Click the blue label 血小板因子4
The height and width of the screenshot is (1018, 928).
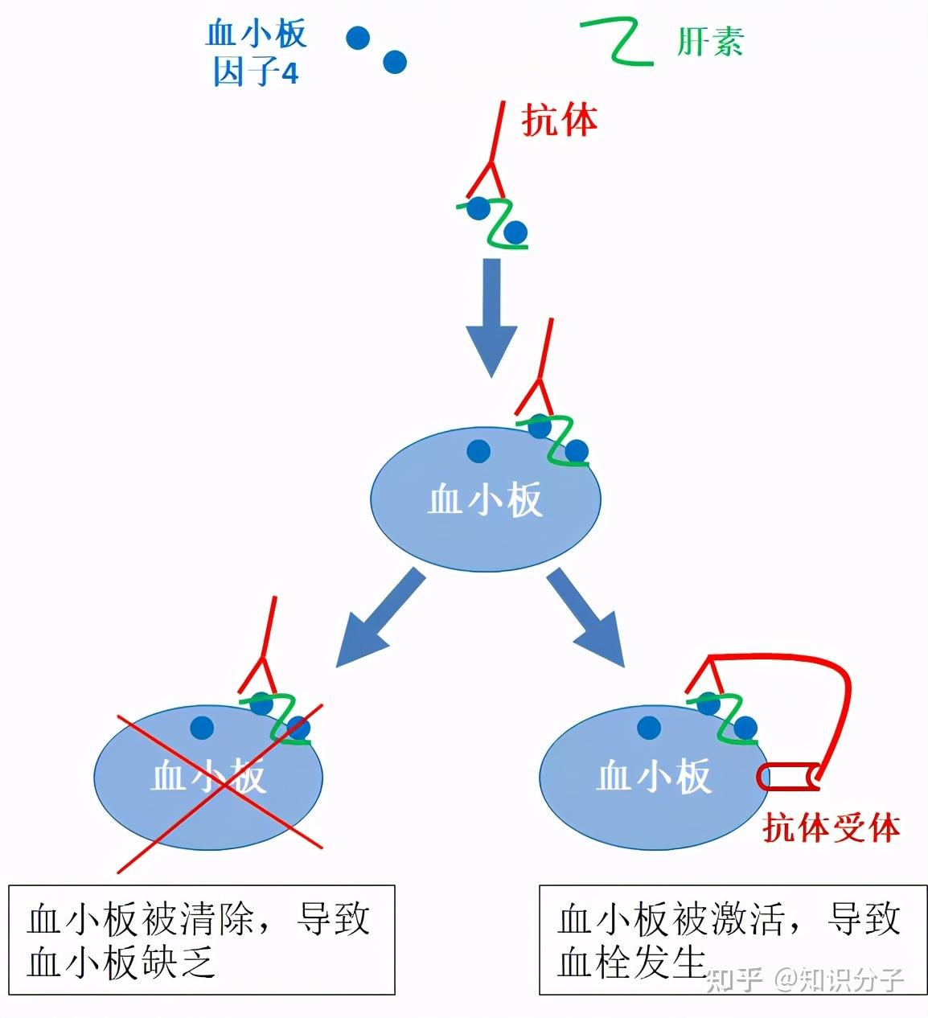coord(256,54)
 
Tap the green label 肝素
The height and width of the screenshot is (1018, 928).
coord(709,42)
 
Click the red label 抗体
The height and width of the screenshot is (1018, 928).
coord(560,121)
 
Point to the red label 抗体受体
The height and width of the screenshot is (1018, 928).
coord(831,827)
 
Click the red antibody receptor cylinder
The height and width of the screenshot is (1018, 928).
coord(789,776)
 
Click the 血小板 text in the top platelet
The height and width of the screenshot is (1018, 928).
coord(485,500)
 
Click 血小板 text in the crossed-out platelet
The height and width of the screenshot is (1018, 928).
coord(208,777)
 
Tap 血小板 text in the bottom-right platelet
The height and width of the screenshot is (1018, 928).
coord(653,777)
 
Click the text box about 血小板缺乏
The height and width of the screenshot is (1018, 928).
coord(201,940)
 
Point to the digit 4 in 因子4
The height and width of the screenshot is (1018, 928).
coord(290,74)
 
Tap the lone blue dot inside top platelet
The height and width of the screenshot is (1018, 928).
coord(478,451)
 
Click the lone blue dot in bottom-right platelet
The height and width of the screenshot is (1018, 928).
coord(648,729)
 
